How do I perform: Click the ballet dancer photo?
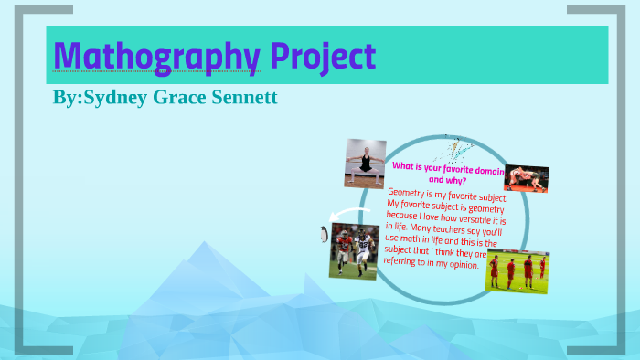tap(365, 163)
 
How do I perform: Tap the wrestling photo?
tap(526, 178)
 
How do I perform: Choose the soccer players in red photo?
tap(517, 270)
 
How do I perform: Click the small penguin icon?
tap(323, 234)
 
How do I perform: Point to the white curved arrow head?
tap(335, 217)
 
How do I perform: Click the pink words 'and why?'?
tap(448, 180)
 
